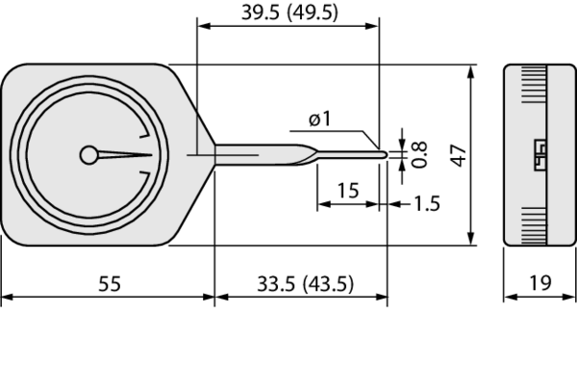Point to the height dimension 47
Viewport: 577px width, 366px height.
click(459, 155)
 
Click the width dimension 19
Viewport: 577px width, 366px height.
click(539, 282)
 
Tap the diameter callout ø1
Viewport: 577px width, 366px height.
click(320, 118)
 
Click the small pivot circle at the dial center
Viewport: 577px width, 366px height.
click(89, 154)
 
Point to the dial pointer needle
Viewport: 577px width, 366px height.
click(125, 154)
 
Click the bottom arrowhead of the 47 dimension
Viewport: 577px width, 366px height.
click(471, 240)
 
